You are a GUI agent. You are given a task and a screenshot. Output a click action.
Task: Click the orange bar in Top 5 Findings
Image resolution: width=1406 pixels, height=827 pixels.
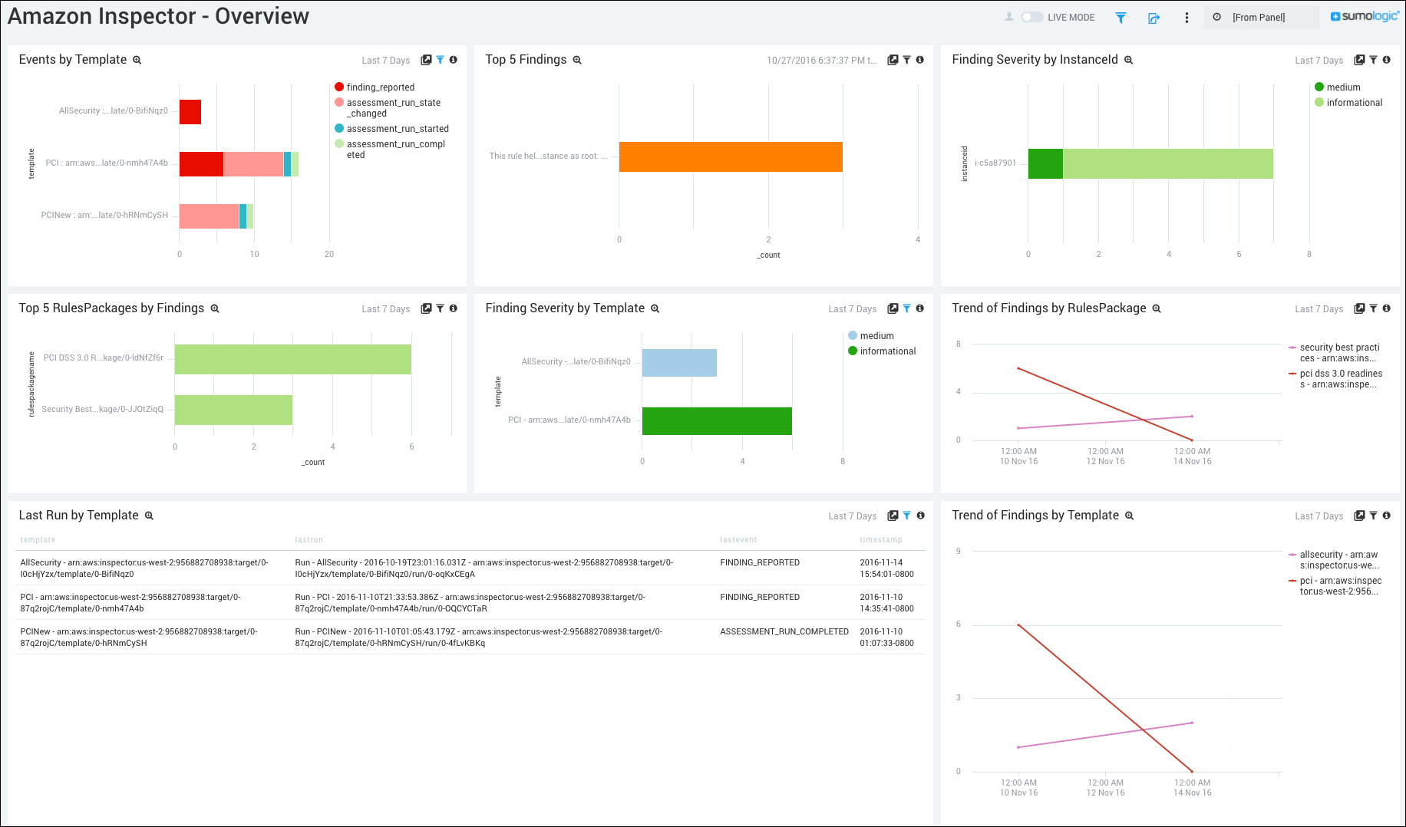[x=730, y=157]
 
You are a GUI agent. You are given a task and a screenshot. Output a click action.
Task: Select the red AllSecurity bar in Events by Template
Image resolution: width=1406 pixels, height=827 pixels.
[x=190, y=112]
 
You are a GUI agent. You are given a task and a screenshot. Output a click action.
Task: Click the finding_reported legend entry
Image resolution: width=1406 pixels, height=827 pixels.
[x=380, y=87]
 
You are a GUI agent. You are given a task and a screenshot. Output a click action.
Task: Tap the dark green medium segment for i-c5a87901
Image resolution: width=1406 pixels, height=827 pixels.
[x=1045, y=163]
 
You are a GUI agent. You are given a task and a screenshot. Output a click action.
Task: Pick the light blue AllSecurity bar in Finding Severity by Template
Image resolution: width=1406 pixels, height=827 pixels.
[x=679, y=363]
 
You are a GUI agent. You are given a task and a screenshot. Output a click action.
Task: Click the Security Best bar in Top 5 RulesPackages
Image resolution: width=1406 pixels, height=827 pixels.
[x=233, y=410]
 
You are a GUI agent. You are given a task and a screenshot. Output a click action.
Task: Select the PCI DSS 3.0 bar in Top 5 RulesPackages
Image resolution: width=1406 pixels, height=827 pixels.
[x=292, y=359]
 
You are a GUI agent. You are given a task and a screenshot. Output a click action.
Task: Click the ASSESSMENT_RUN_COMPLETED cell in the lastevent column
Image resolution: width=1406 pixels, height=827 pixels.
[x=784, y=632]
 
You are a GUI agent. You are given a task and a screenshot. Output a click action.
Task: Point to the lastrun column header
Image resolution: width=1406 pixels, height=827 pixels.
[x=309, y=540]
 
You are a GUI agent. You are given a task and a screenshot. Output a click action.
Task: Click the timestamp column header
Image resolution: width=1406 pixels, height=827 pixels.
[x=880, y=540]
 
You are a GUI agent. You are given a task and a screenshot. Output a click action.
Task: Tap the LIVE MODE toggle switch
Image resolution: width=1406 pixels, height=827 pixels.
[x=1031, y=17]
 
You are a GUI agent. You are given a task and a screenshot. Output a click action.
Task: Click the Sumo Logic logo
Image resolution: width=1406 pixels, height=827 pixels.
[x=1365, y=16]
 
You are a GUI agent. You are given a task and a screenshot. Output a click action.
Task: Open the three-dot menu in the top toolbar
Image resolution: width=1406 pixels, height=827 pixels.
[x=1187, y=18]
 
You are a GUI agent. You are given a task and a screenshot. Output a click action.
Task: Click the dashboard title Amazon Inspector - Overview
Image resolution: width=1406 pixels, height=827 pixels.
[x=158, y=16]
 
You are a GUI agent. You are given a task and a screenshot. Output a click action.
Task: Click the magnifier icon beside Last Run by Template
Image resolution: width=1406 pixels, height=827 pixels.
[x=150, y=516]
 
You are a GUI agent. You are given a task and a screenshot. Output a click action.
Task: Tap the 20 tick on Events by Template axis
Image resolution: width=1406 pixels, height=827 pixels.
[x=329, y=254]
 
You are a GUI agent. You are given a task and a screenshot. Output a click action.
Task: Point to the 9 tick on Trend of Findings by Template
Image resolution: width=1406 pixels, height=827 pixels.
[x=959, y=551]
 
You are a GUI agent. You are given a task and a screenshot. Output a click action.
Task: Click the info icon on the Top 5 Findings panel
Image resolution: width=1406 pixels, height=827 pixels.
[x=919, y=60]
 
